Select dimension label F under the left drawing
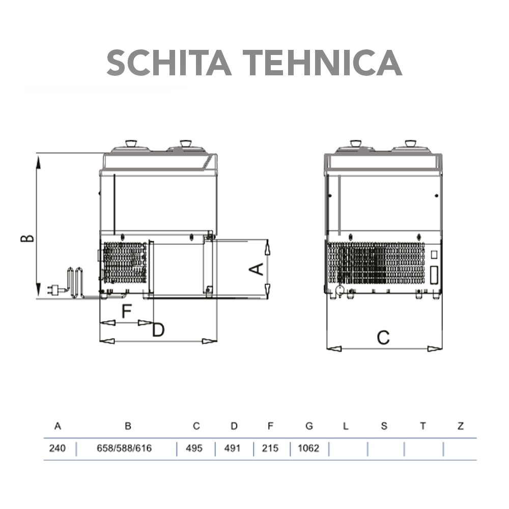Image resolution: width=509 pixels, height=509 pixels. click(x=127, y=310)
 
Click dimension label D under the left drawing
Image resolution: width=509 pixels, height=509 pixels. click(x=158, y=330)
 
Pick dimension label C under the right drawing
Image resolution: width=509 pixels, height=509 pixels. click(x=383, y=337)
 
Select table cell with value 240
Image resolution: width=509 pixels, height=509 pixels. click(x=58, y=448)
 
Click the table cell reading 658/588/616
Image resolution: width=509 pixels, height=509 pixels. click(x=124, y=448)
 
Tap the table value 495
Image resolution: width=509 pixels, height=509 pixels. click(x=194, y=448)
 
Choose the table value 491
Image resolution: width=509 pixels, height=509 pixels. click(x=232, y=448)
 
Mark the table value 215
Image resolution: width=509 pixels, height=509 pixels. click(x=270, y=448)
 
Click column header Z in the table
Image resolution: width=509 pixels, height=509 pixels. click(x=461, y=426)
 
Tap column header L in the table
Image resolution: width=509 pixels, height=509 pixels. click(x=346, y=426)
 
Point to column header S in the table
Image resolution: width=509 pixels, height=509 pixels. click(x=384, y=426)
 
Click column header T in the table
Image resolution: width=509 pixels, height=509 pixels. click(x=422, y=426)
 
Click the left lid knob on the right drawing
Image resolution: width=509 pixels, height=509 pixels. click(x=355, y=144)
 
